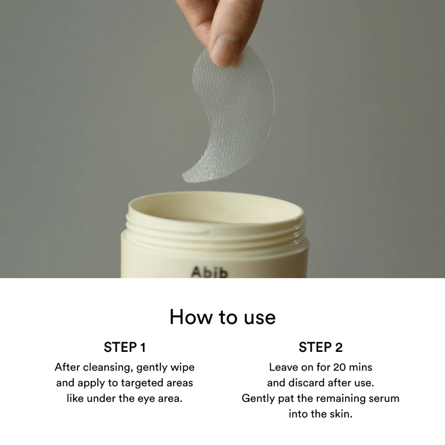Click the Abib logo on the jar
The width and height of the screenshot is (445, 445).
pyautogui.click(x=210, y=272)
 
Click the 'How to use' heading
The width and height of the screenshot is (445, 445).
pyautogui.click(x=222, y=317)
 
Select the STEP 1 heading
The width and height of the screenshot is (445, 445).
pyautogui.click(x=124, y=347)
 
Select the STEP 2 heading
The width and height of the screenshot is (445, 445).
pyautogui.click(x=321, y=347)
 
